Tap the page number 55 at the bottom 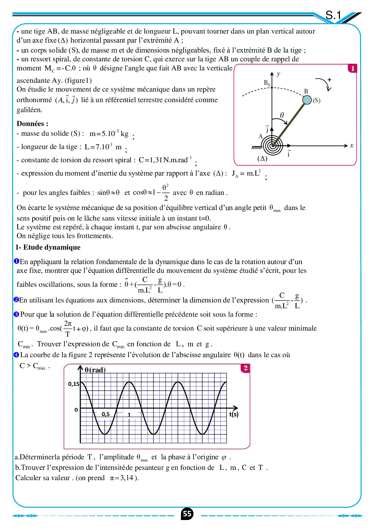[x=187, y=514]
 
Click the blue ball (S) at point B [x=307, y=100]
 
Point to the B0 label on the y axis [x=267, y=83]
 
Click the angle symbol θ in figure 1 [x=282, y=115]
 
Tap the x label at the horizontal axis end [x=351, y=146]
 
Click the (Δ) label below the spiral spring [x=262, y=158]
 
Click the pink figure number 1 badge [x=352, y=69]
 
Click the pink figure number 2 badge [x=245, y=368]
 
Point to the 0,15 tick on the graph [x=73, y=384]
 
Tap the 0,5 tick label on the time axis [x=106, y=414]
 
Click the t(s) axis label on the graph [x=233, y=414]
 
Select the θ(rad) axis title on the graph [x=95, y=370]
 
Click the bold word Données [x=32, y=124]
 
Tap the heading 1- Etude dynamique [x=48, y=247]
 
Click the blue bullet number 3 [x=17, y=315]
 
